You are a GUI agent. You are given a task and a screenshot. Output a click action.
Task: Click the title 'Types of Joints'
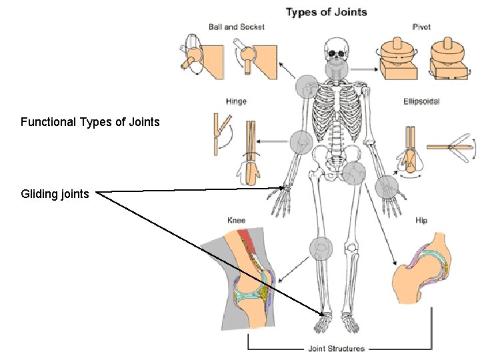click(x=326, y=12)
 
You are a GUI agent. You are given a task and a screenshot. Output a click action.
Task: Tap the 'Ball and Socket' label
click(x=236, y=27)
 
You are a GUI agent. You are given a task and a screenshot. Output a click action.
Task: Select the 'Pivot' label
click(x=421, y=27)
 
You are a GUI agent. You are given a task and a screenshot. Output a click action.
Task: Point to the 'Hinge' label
click(x=236, y=101)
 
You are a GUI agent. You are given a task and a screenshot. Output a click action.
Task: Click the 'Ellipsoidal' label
click(x=421, y=101)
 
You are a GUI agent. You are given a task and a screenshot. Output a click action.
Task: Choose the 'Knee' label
click(x=237, y=221)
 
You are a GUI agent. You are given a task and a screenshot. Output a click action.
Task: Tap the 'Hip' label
click(x=421, y=221)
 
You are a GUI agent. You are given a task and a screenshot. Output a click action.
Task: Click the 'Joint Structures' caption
click(x=336, y=348)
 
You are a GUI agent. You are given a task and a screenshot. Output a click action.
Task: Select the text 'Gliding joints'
click(x=55, y=194)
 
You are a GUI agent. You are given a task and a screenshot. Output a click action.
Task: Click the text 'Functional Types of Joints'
click(x=90, y=122)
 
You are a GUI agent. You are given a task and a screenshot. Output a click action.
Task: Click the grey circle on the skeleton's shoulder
click(x=307, y=87)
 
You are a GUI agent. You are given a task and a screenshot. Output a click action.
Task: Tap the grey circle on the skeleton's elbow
click(x=301, y=142)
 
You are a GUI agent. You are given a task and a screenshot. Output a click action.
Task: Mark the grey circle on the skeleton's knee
click(x=321, y=249)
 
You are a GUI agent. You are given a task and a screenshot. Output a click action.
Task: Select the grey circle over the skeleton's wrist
click(x=386, y=187)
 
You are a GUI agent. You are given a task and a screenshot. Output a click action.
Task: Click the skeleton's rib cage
click(x=337, y=107)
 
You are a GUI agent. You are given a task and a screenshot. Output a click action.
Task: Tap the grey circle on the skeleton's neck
click(x=337, y=69)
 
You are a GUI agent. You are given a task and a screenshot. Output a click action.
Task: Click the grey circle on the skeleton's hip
click(x=354, y=173)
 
